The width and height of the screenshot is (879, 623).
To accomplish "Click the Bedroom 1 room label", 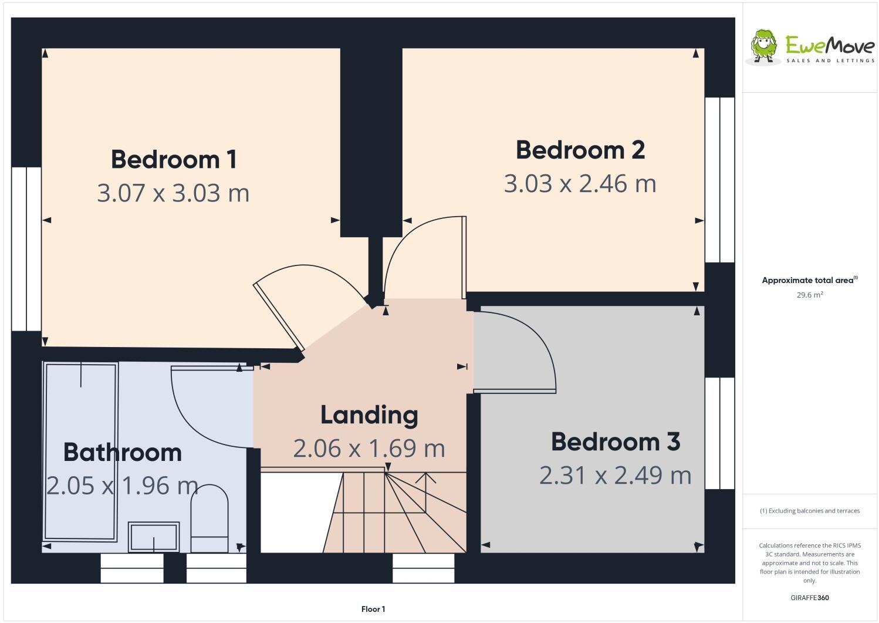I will (x=174, y=159).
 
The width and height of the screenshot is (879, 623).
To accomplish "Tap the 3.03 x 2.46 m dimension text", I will (x=580, y=184).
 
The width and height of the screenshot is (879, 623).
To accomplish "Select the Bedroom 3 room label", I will (x=615, y=442).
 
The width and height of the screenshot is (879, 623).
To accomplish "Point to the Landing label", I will (x=369, y=415).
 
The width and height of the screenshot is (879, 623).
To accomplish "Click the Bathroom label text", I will (x=122, y=452).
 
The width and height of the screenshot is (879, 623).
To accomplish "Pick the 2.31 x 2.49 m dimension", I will (x=615, y=475).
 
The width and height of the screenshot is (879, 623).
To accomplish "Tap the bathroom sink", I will (x=154, y=537).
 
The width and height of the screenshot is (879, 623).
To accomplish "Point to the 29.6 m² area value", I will (x=809, y=295).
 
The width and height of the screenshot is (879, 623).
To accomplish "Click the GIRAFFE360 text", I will (x=809, y=598).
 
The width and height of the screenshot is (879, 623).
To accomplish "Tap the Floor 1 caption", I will (x=373, y=609).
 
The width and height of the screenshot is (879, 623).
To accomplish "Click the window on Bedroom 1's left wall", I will (x=26, y=249).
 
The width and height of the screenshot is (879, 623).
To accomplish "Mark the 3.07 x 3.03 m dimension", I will (x=173, y=193).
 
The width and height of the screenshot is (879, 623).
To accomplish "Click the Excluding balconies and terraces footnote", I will (x=809, y=511).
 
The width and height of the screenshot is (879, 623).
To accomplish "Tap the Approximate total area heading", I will (x=809, y=280).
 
